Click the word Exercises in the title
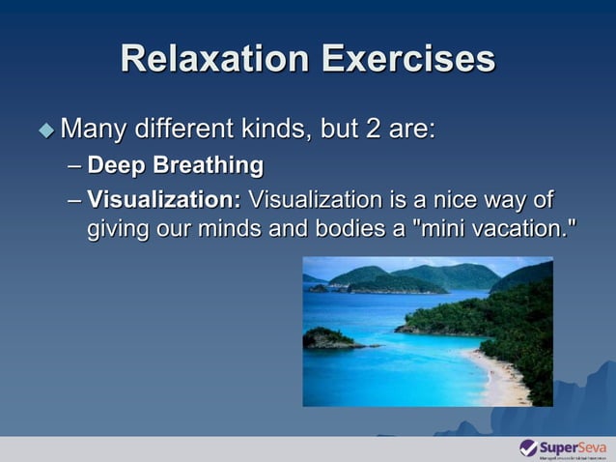coord(407,60)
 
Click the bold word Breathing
coord(210,165)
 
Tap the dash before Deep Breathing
coord(75,165)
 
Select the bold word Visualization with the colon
coord(164,200)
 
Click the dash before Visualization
coord(75,200)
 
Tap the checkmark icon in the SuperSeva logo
coord(528,448)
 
